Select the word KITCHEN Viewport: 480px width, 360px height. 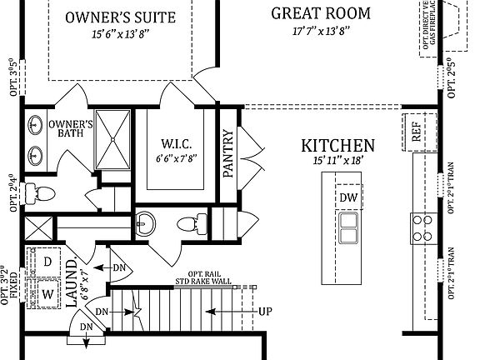[337, 145]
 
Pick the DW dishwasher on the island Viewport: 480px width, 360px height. [349, 197]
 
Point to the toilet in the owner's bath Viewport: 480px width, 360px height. [40, 194]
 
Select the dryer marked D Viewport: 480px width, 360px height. [48, 262]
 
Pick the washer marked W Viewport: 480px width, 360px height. [47, 293]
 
